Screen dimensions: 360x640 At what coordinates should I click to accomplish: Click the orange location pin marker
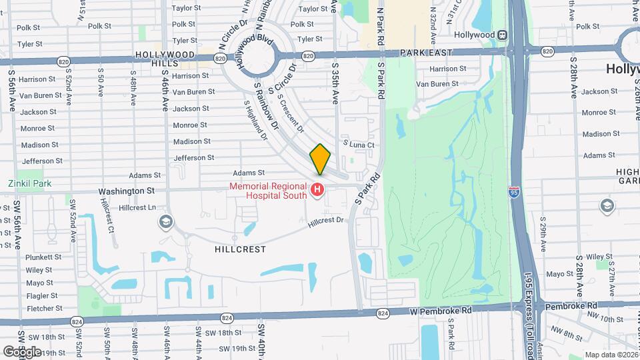[x=320, y=160]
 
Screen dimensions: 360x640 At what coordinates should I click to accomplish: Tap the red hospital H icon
[x=317, y=191]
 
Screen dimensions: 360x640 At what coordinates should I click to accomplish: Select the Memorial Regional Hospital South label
[x=269, y=191]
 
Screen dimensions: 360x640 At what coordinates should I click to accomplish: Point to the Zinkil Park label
[x=30, y=183]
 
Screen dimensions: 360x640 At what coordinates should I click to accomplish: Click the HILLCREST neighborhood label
[x=241, y=249]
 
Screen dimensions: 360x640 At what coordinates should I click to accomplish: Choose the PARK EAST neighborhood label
[x=427, y=52]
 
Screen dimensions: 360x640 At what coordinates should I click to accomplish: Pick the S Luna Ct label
[x=359, y=144]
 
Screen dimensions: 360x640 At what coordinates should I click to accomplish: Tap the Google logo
[x=22, y=351]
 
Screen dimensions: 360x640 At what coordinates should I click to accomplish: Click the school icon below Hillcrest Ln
[x=165, y=221]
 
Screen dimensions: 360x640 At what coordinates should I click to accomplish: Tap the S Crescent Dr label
[x=290, y=113]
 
